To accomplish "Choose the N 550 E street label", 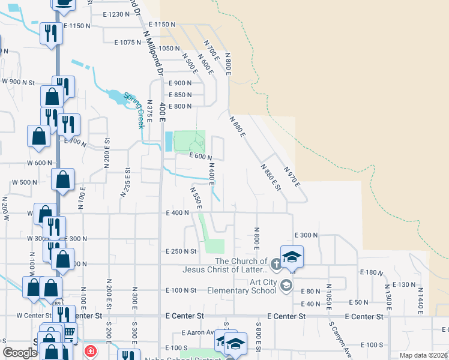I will click(x=195, y=199).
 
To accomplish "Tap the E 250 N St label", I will click(x=182, y=251).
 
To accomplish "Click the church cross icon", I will click(x=276, y=263).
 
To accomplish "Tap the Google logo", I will click(x=20, y=353).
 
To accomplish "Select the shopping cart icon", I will click(x=69, y=331).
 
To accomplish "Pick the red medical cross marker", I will click(x=90, y=351).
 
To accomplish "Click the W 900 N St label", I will click(x=19, y=81).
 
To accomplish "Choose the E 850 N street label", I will click(x=179, y=95).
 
